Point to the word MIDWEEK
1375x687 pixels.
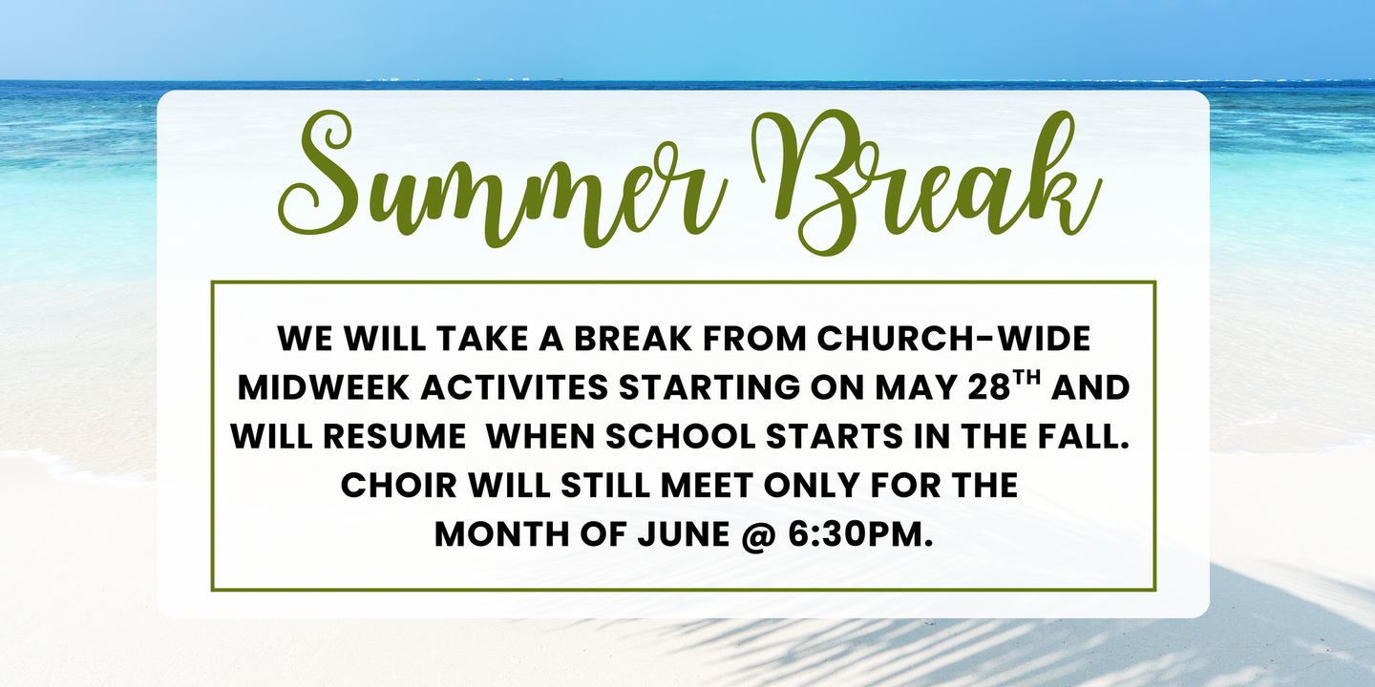pos(324,387)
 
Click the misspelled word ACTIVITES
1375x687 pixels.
pos(515,387)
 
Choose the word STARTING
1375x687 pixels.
pos(709,387)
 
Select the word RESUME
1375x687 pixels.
pos(394,436)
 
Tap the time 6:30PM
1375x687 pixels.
pos(860,534)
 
